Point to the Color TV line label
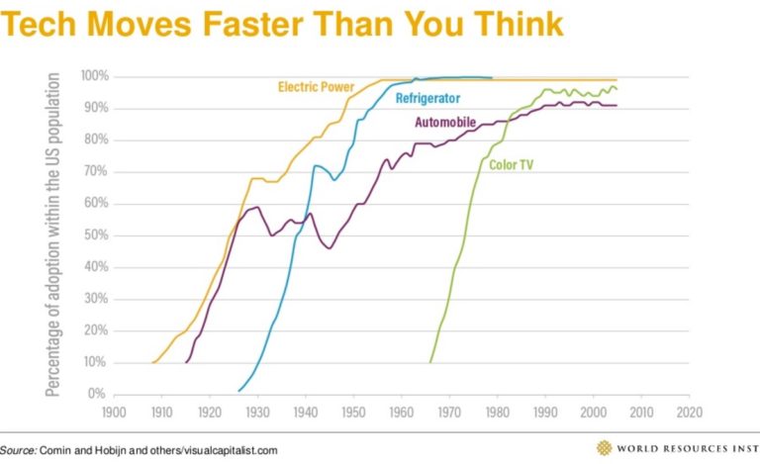(511, 165)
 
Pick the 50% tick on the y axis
(96, 235)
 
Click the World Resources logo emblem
(604, 447)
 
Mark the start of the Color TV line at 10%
(429, 362)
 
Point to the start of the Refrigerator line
(238, 390)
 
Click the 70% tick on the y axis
(96, 171)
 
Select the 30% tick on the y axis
(96, 299)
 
